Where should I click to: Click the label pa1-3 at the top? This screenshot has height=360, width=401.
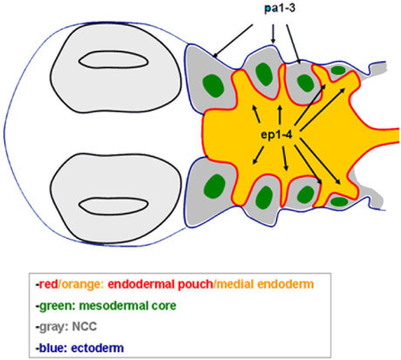click(x=280, y=8)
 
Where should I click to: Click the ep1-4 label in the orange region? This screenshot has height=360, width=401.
click(x=276, y=135)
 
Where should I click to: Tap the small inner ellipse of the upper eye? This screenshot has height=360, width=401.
click(x=113, y=62)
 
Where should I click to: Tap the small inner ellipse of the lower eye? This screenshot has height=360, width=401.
click(x=113, y=206)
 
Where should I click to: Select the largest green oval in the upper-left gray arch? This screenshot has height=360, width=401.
click(x=214, y=85)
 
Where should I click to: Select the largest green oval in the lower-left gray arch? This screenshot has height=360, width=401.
click(x=214, y=186)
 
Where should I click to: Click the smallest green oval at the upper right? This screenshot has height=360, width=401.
click(x=338, y=70)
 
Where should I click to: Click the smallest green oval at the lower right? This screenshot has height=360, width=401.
click(x=340, y=201)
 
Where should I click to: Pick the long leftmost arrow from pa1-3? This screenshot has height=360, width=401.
click(x=233, y=41)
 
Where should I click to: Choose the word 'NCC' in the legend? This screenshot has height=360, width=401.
click(x=85, y=327)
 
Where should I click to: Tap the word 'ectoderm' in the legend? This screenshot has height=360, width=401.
click(x=98, y=348)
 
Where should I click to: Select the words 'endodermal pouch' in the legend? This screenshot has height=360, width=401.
click(x=160, y=284)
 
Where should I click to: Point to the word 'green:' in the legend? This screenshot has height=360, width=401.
click(x=58, y=306)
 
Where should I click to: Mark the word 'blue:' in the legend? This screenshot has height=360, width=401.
click(x=52, y=348)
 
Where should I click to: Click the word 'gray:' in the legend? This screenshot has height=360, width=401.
click(x=54, y=327)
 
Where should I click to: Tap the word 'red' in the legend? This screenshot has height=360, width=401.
click(x=49, y=284)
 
